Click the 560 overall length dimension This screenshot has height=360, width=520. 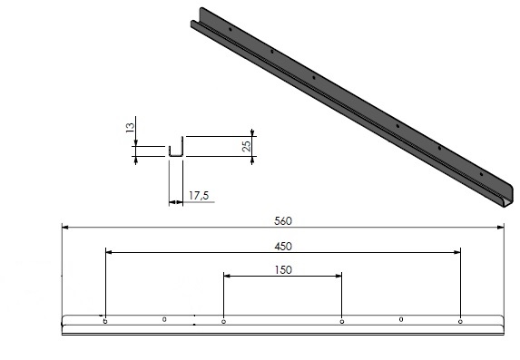tap(282, 219)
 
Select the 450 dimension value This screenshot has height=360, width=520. tap(282, 245)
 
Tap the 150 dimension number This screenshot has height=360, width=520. tap(282, 269)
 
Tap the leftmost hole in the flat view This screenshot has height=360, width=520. tap(105, 320)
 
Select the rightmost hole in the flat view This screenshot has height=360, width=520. tap(460, 320)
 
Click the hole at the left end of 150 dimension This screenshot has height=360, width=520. tap(223, 320)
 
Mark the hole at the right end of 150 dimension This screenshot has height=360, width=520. tap(341, 320)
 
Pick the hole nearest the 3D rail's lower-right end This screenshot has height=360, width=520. tap(480, 170)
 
